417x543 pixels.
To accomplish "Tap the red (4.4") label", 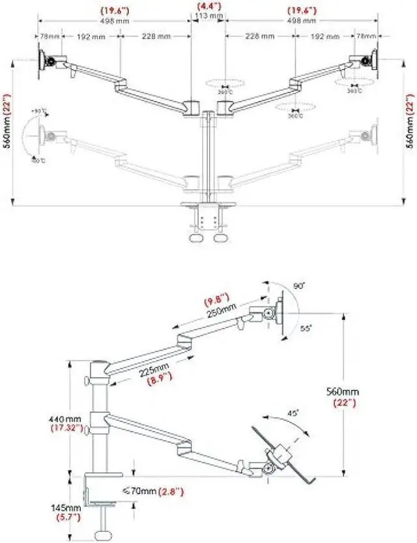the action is point(208,8).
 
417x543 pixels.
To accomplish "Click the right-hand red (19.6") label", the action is point(302,10).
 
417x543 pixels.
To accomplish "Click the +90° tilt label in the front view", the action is point(39,112).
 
